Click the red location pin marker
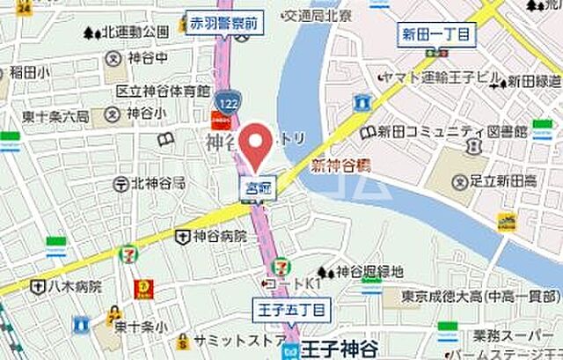[x=255, y=146]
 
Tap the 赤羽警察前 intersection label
[x=223, y=26]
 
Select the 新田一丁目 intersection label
[x=436, y=34]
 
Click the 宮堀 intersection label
[x=256, y=186]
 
